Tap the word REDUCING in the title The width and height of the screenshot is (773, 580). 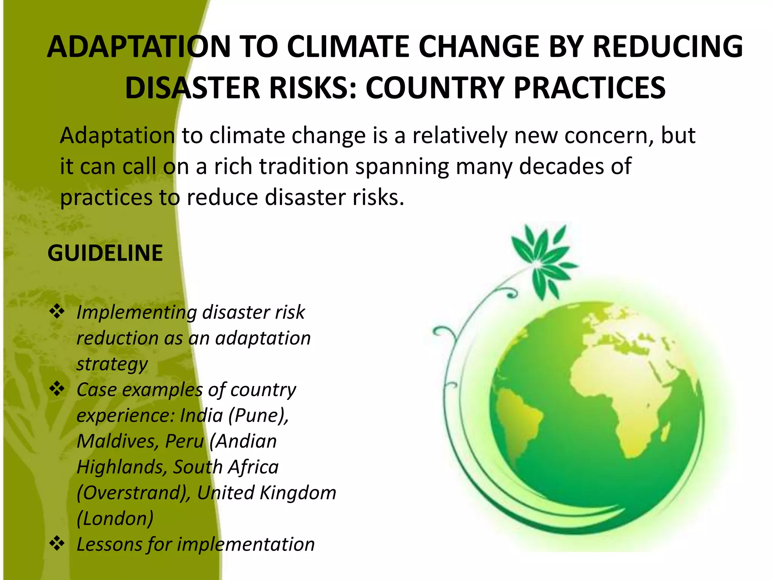tap(668, 47)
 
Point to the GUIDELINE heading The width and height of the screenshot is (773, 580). tap(105, 253)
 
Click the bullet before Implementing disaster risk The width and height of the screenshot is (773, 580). tap(57, 312)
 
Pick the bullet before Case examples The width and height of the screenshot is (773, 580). tap(57, 389)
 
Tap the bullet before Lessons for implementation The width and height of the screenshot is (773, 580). tap(57, 544)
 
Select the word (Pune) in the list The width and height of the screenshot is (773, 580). tap(259, 415)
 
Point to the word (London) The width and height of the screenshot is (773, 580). tap(115, 518)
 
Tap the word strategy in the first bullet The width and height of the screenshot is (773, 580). tap(112, 364)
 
